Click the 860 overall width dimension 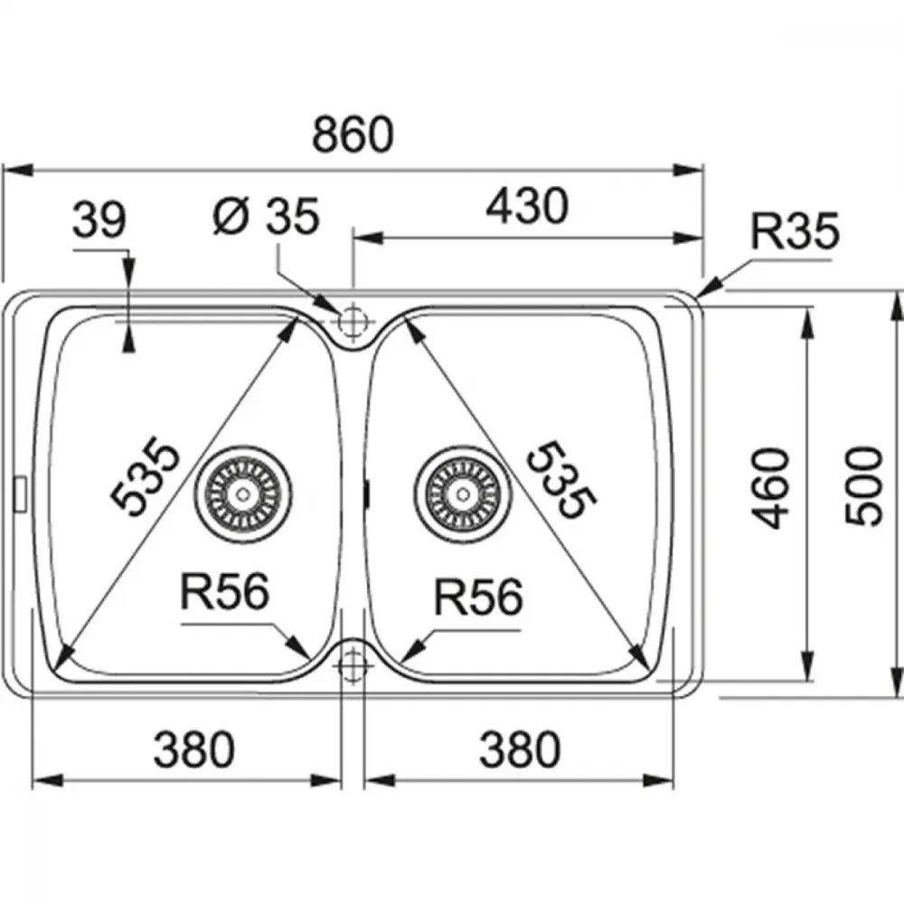pos(353,135)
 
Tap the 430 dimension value pos(527,206)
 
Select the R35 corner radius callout pos(795,231)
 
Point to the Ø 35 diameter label pos(266,216)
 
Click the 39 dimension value pos(99,220)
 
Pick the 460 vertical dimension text pos(771,488)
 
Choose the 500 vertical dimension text pos(863,486)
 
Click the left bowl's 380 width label pos(193,749)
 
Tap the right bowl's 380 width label pos(520,749)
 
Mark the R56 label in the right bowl pos(478,597)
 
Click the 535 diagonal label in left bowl pos(145,476)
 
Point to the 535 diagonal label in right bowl pos(560,480)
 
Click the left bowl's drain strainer pos(242,494)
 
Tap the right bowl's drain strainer pos(462,494)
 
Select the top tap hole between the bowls pos(353,321)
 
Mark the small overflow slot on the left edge pos(20,493)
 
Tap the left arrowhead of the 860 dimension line pos(17,171)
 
